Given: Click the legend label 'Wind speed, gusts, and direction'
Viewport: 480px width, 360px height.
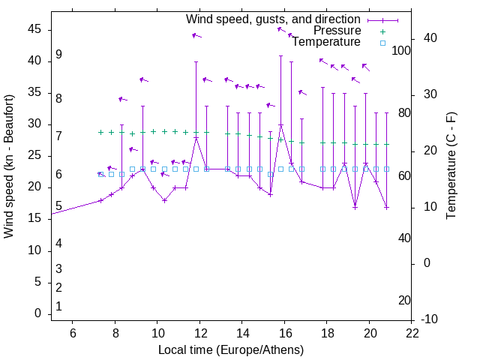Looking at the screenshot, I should point(273,19).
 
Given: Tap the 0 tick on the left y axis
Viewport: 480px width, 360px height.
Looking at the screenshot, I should point(38,314).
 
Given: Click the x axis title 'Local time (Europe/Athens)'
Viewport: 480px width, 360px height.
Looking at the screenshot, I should point(231,349).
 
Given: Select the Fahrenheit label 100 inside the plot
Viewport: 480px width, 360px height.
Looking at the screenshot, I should point(401,50).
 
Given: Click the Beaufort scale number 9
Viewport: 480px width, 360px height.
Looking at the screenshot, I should point(58,55).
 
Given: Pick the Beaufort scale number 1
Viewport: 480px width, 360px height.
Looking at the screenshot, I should point(58,306).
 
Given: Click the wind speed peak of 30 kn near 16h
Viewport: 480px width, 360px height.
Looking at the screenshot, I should point(281,125).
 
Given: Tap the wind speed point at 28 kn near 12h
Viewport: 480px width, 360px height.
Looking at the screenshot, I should point(196,138).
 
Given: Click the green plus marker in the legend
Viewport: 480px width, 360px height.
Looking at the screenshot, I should point(382,31).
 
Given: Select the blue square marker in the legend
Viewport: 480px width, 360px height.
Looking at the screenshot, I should point(382,43).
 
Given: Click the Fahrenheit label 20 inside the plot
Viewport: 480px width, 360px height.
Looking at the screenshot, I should point(404,300).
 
